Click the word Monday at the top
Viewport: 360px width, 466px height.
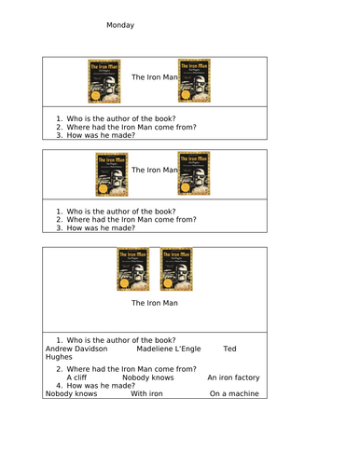(120, 25)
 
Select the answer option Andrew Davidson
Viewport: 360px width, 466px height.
(76, 349)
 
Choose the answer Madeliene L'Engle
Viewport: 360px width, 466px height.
(169, 349)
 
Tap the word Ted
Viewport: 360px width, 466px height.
(229, 349)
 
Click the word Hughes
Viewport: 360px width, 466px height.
(59, 357)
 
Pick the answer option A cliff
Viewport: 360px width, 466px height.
(76, 377)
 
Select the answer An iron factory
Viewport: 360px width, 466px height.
(233, 377)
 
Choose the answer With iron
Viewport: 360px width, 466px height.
(146, 393)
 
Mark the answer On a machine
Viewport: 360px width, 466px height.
(234, 393)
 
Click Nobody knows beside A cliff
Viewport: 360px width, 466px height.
(148, 377)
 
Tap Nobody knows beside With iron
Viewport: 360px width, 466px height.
(71, 393)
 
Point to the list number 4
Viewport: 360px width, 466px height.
(59, 386)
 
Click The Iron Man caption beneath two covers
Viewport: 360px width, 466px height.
(155, 303)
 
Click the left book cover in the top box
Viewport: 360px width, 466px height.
(104, 81)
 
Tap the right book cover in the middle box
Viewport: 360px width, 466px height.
(194, 173)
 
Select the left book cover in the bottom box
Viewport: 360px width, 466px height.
(133, 269)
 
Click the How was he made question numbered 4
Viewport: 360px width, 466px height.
(101, 386)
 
